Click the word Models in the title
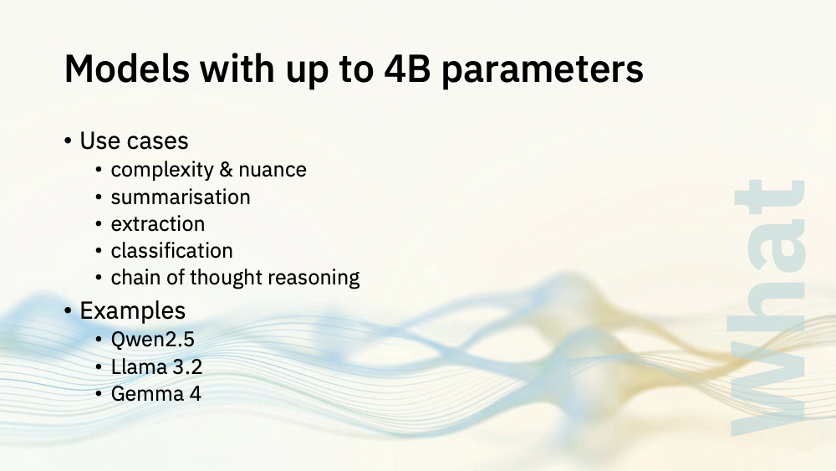127,69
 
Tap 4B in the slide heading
407,69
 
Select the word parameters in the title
543,71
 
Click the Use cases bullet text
134,141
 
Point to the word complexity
162,170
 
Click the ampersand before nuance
226,170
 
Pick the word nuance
273,171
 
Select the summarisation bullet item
181,197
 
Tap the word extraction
158,224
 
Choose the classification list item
171,250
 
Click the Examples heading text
133,310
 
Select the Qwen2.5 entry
152,340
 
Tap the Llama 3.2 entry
157,367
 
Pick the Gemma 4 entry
155,394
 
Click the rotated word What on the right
769,309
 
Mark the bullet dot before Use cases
68,141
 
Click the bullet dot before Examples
68,310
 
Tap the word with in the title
237,69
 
